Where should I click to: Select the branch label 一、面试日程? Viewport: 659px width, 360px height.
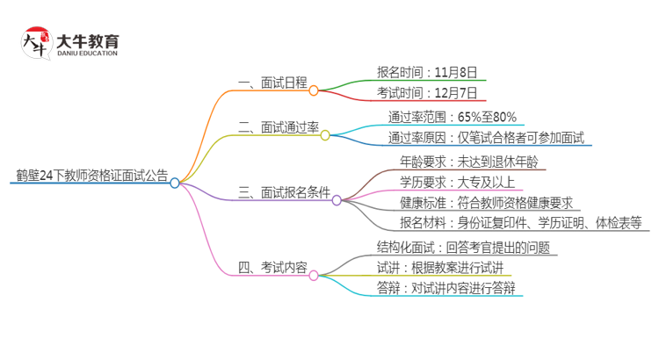[x=272, y=83]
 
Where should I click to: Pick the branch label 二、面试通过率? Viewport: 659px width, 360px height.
[x=278, y=127]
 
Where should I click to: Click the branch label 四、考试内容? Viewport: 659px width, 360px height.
[x=272, y=268]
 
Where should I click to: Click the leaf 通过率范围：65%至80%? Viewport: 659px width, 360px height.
[x=452, y=116]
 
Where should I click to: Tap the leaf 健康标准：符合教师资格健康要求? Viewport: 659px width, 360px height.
[x=485, y=203]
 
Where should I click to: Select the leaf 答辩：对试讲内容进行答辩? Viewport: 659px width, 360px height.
[x=445, y=288]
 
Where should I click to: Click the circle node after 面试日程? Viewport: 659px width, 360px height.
[x=314, y=90]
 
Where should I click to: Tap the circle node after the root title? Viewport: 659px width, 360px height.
[x=175, y=184]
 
